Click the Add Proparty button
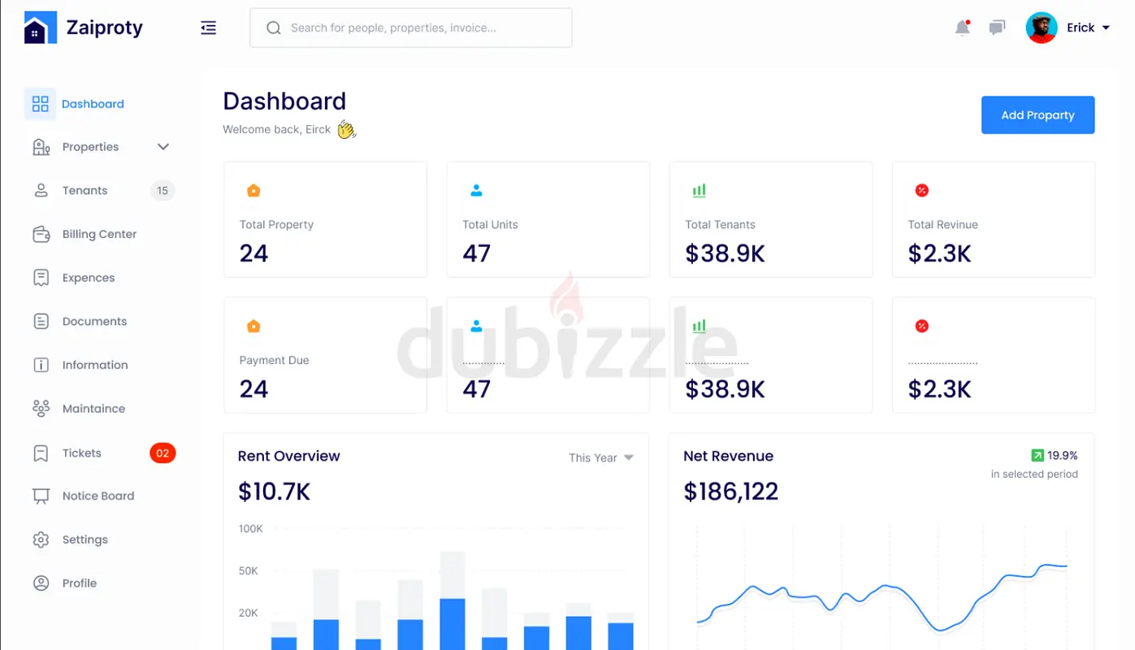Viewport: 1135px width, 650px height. [1038, 115]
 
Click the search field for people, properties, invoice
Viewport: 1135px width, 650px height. [410, 28]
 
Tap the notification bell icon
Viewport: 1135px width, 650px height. [962, 28]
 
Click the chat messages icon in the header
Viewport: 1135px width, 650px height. [997, 28]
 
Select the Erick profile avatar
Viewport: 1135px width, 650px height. [1041, 28]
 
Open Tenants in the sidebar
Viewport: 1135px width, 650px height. [84, 191]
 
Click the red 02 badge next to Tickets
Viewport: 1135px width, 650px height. [162, 453]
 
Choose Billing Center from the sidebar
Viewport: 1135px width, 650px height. [99, 235]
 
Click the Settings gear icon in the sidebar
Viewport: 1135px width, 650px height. [41, 539]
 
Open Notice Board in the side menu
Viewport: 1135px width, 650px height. [97, 496]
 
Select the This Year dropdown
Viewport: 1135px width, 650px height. [601, 458]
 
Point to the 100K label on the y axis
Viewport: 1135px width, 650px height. [250, 529]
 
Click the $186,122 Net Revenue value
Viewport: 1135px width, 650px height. [730, 492]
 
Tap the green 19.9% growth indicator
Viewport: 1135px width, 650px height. [1054, 456]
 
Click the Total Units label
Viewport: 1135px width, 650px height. [490, 225]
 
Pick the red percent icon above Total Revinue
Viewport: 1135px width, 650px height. [921, 191]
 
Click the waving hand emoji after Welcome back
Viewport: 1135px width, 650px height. [347, 130]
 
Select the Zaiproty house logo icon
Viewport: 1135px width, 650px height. [41, 28]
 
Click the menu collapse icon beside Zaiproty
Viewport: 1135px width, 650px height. [209, 28]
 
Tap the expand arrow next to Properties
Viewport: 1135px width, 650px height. [163, 147]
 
